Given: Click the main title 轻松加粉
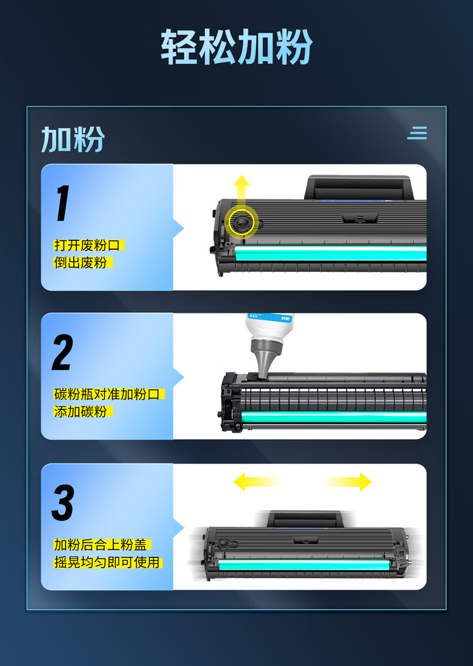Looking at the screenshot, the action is pos(237,47).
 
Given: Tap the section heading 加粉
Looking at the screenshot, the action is pos(73,139).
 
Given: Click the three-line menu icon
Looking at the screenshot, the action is pos(417,132).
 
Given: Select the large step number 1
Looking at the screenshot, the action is pos(63,203).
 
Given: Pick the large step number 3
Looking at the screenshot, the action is pos(63,503).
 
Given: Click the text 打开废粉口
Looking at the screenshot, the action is pos(89,245).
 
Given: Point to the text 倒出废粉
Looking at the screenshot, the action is pos(80,262).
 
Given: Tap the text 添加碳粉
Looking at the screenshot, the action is pos(80,412).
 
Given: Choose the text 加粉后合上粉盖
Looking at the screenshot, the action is pos(102,544).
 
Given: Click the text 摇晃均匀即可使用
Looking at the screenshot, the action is pos(107,563).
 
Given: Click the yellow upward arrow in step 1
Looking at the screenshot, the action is pos(242,196).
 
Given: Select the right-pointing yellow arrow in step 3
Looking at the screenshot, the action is pos(348,482).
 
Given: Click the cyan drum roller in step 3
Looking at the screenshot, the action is pos(303,564).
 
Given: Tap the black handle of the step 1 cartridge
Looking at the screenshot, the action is pos(359,187).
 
